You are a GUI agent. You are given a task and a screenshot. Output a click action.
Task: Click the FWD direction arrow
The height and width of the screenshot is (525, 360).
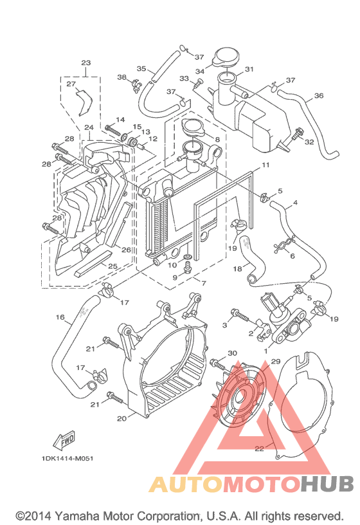64,440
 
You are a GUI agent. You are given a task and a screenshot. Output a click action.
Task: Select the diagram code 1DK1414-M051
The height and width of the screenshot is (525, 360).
67,458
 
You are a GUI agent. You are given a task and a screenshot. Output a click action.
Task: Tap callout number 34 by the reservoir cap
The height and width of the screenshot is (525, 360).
200,71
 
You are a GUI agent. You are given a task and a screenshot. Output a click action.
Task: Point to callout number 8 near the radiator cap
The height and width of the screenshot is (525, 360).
217,140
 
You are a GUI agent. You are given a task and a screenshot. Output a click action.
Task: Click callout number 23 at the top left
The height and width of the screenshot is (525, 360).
86,62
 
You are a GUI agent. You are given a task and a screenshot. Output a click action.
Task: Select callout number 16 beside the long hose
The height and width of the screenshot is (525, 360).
60,317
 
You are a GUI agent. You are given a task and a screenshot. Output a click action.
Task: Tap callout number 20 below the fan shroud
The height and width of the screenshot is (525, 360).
122,419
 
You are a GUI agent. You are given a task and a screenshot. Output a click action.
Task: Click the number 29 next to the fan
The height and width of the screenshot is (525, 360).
275,362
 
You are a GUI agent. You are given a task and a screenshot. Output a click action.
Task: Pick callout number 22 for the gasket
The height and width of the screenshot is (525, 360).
259,448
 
